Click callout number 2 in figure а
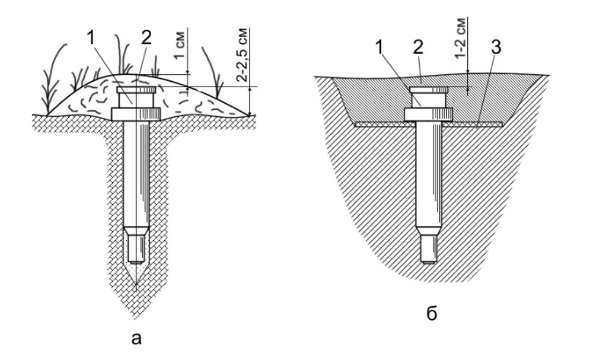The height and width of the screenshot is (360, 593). pos(146,38)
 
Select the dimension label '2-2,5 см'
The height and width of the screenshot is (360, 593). pos(243,55)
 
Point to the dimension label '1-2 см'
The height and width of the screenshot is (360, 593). pos(460,39)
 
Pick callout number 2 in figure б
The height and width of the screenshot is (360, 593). pos(418,48)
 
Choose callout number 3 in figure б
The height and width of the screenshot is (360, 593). pos(496,48)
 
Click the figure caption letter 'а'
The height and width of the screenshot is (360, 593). pos(136,339)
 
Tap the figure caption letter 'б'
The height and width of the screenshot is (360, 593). pos(432,314)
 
